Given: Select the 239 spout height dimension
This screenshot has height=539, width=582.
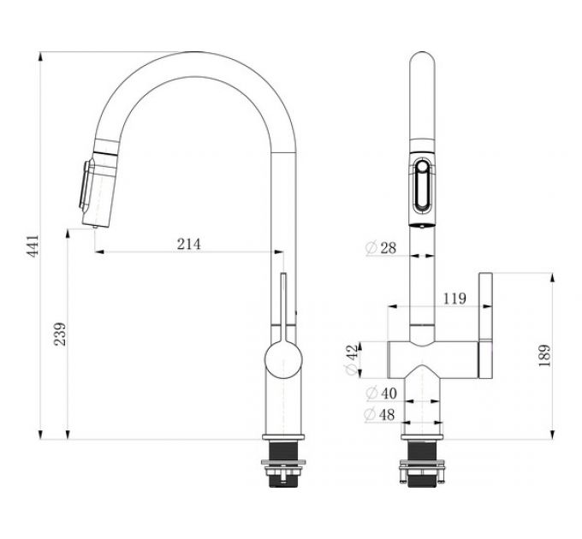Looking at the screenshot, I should click(59, 335).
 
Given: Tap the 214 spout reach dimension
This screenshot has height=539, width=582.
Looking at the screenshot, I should click(188, 244).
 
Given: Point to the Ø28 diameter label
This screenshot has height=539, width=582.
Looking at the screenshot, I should click(381, 248).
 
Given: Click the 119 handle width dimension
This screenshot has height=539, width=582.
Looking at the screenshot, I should click(454, 299).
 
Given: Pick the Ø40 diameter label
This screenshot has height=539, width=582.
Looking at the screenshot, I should click(381, 394).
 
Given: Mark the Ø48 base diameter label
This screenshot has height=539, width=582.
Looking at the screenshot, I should click(381, 415).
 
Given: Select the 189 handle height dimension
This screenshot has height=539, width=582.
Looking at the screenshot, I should click(545, 355).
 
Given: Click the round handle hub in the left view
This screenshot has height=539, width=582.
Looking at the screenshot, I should click(282, 360).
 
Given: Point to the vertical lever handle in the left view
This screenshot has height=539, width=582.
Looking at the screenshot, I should click(282, 304).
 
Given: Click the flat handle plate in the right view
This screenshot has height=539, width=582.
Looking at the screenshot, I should click(485, 325).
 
